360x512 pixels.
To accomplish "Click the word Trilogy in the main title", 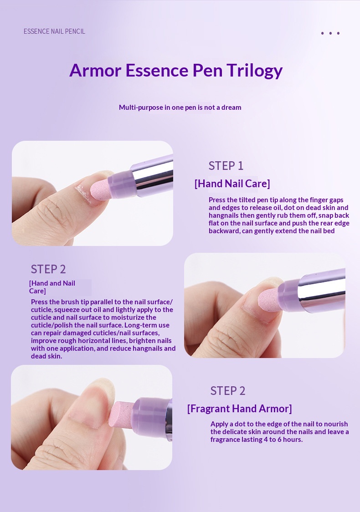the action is tap(254, 71).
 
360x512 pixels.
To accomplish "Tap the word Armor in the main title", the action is tap(95, 70).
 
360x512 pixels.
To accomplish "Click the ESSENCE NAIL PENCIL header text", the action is tap(54, 31).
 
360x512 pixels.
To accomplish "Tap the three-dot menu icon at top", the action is tap(330, 33).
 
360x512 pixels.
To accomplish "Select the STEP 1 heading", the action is tap(226, 166).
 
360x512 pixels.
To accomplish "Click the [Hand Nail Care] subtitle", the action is tap(232, 184).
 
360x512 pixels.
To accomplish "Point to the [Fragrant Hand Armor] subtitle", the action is tap(239, 409).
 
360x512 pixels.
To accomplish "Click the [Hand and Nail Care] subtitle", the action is tap(52, 287).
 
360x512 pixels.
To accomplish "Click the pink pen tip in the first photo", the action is tap(100, 189).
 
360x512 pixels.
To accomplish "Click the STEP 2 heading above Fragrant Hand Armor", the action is tap(228, 391).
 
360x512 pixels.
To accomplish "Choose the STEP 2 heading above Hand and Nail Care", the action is tap(48, 269).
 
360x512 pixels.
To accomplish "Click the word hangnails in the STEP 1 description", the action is tap(224, 215).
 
